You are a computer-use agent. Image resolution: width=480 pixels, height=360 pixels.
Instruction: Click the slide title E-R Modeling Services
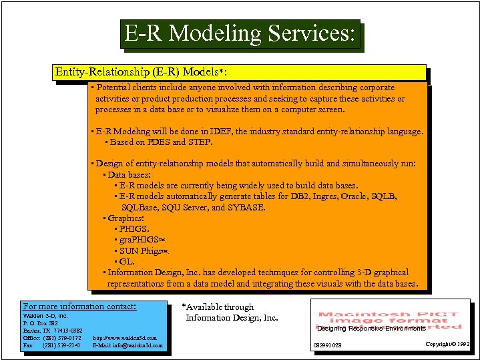tap(240, 33)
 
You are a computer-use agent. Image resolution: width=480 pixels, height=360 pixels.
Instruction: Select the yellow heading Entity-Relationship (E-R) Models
tap(145, 71)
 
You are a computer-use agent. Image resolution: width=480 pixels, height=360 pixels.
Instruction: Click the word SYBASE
tap(247, 207)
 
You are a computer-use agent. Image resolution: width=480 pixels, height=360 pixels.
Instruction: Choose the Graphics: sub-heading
tap(126, 218)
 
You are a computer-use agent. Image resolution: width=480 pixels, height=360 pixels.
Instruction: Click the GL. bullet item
tap(127, 261)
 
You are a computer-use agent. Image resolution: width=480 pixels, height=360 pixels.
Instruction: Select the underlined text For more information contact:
tap(79, 307)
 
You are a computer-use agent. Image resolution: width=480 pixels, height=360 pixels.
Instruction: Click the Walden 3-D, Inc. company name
tap(45, 315)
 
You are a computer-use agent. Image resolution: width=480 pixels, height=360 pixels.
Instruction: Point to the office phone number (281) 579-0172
tap(61, 338)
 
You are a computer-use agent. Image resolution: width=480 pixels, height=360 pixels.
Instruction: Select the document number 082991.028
tap(327, 345)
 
